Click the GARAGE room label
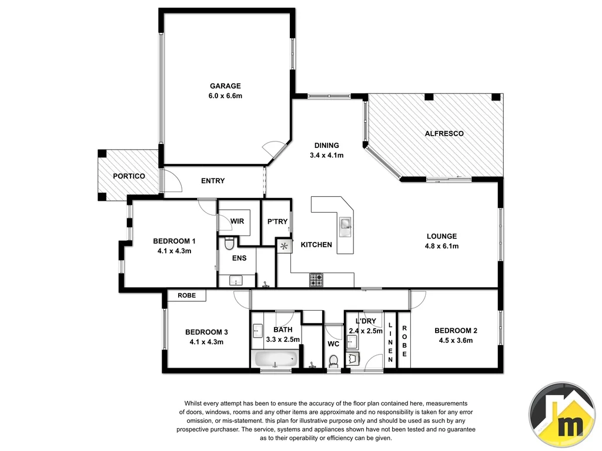(226, 86)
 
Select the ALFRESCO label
(444, 133)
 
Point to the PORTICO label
(129, 176)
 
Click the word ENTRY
(213, 181)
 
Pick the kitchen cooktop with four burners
(316, 281)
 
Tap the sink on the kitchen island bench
(345, 224)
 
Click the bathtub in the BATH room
(275, 359)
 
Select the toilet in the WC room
(333, 360)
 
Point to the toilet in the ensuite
(230, 243)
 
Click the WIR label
(237, 221)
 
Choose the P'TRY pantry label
(277, 221)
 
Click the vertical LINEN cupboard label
(390, 343)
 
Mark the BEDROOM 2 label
(456, 330)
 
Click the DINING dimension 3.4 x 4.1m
(326, 155)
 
